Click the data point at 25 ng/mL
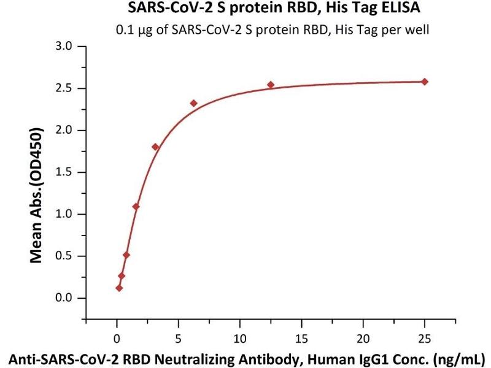coord(425,82)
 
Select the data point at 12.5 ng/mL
coord(271,85)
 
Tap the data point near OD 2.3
coord(194,103)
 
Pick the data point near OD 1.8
coord(155,147)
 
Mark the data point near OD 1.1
coord(136,206)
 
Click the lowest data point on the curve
coord(119,288)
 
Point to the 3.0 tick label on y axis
coord(64,47)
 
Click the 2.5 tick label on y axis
coord(64,88)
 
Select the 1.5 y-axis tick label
coord(64,172)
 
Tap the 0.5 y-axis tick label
coord(64,256)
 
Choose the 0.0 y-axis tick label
coord(64,298)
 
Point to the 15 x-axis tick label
coord(301,337)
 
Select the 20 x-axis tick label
coord(363,337)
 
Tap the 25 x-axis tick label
coord(424,337)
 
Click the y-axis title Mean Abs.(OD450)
coord(37,195)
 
